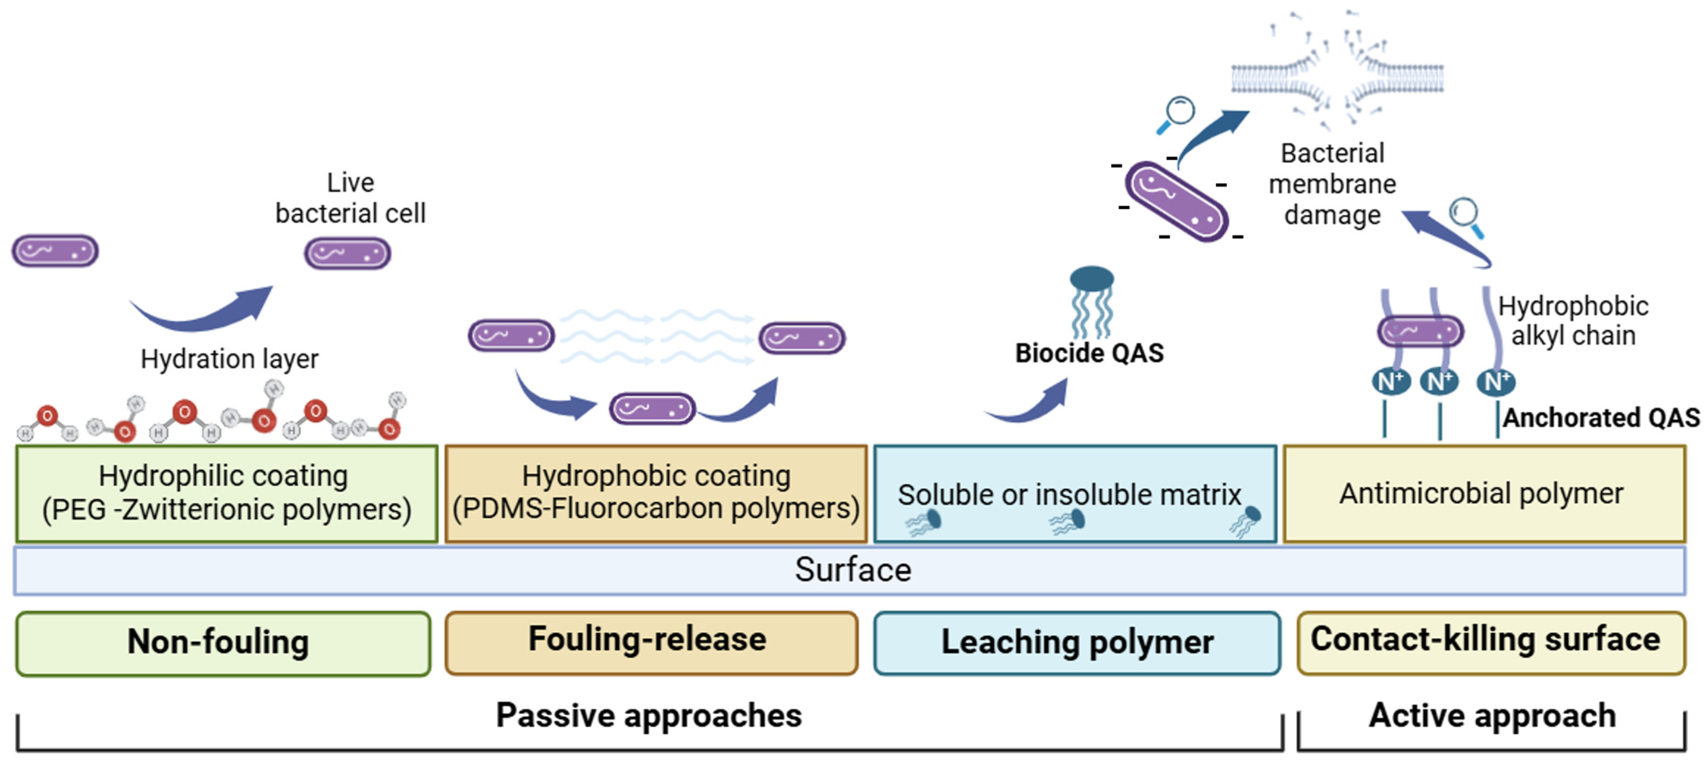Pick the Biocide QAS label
pyautogui.click(x=1089, y=353)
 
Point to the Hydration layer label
pyautogui.click(x=229, y=359)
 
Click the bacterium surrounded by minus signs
pyautogui.click(x=1177, y=201)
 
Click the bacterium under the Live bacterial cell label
pyautogui.click(x=347, y=254)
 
